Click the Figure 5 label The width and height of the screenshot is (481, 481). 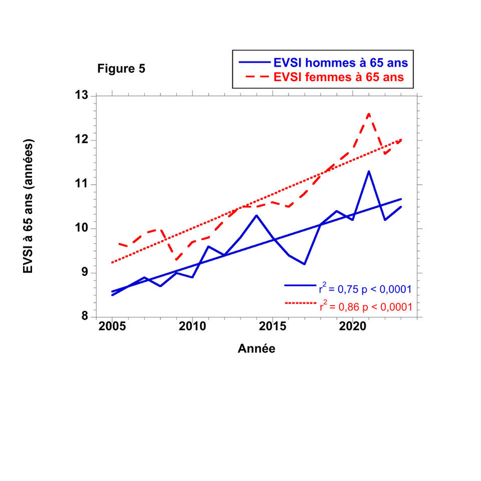121,69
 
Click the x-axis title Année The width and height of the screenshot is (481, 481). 256,349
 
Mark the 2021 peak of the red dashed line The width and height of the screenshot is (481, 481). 369,114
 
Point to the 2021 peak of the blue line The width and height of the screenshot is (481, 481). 369,171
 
